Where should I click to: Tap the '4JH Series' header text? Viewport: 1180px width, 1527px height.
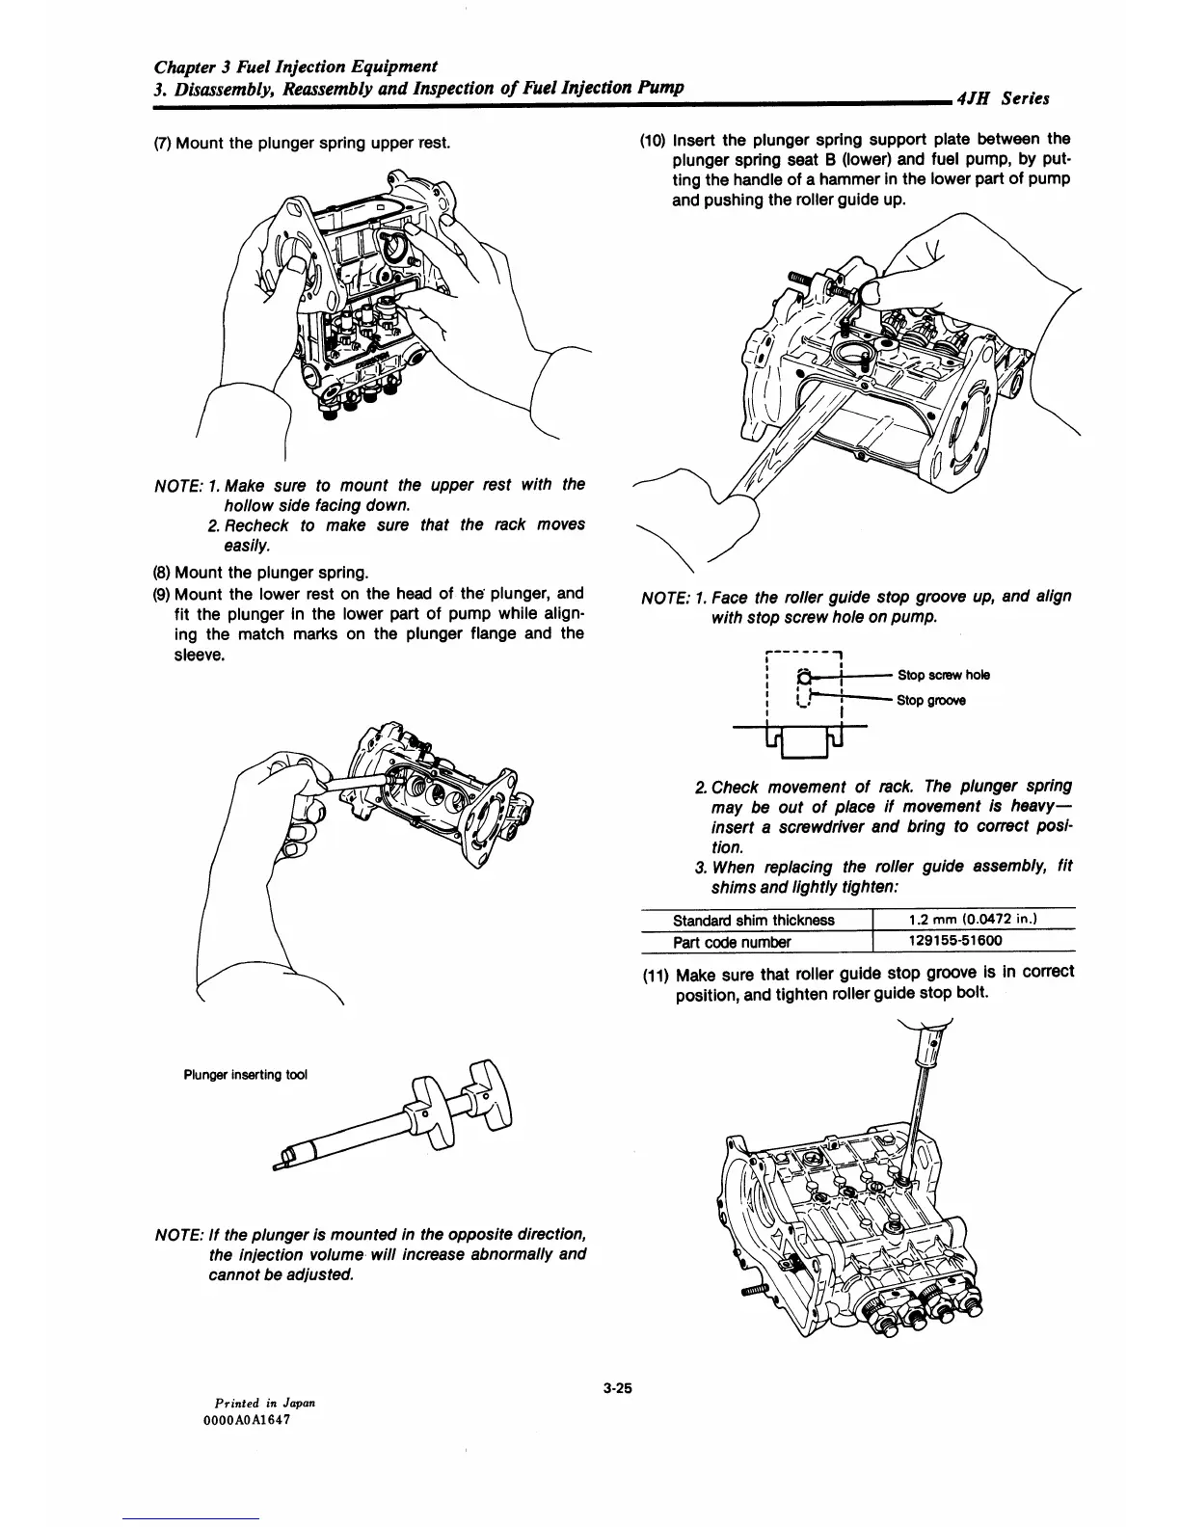pos(1000,98)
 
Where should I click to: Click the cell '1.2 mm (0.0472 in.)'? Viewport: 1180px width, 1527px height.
pos(971,920)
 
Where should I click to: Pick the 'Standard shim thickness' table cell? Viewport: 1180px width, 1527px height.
pos(753,920)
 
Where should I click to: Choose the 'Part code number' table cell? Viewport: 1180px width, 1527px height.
pos(731,942)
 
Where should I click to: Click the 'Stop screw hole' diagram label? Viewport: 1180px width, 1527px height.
pos(942,675)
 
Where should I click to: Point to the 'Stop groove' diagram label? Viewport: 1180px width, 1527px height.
pos(930,701)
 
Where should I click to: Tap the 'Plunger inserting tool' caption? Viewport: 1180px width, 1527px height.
pos(245,1075)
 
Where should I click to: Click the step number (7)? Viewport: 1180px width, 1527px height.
pos(163,144)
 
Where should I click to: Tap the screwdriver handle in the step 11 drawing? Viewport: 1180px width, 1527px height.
pos(932,1051)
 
